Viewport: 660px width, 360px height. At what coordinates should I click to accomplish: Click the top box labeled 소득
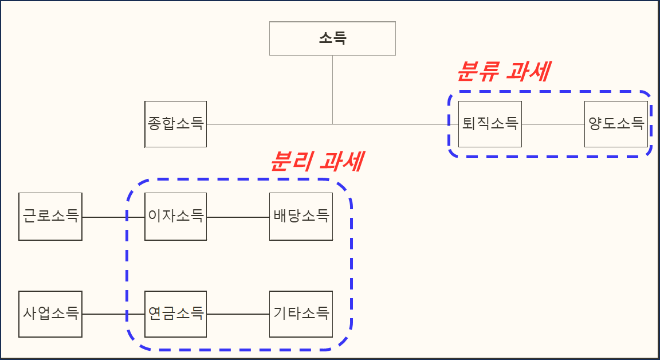pos(332,38)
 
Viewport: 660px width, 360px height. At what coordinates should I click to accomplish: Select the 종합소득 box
pos(175,124)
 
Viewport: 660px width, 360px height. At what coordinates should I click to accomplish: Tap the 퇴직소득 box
pos(490,124)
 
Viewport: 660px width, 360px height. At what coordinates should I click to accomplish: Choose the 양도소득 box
pos(616,124)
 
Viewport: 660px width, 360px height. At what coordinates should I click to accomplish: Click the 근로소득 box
pos(50,217)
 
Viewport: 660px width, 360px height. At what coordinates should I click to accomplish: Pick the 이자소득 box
pos(175,217)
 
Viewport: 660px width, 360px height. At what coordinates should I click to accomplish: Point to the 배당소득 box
pos(301,217)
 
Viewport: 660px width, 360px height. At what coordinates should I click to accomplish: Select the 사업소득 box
pos(50,314)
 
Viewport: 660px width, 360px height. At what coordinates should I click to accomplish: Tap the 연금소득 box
pos(175,314)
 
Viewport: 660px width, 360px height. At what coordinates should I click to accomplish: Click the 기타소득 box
pos(301,314)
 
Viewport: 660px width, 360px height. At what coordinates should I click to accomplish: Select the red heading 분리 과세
pos(316,162)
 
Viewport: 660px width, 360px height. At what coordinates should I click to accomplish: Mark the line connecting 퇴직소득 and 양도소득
pos(553,124)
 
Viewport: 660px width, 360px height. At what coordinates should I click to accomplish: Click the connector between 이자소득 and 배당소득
pos(238,217)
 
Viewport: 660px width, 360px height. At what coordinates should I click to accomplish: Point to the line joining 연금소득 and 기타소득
pos(238,314)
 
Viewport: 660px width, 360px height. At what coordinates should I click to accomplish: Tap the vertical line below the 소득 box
pos(332,89)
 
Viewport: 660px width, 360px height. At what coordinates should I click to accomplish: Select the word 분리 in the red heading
pos(290,162)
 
